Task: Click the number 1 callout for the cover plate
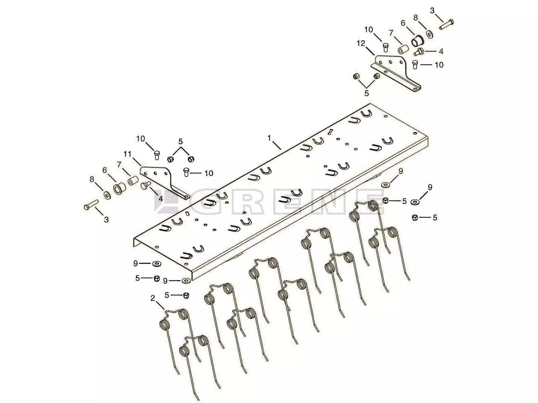tap(269, 138)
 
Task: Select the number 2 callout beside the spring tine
tap(153, 298)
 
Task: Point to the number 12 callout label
tap(361, 43)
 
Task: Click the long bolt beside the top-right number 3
tap(446, 24)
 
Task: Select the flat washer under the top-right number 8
tap(429, 34)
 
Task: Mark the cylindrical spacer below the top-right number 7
tap(402, 49)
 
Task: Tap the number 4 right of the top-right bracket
tap(441, 51)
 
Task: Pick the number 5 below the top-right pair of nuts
tap(367, 93)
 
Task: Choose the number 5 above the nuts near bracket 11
tap(181, 141)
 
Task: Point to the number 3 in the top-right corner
tap(432, 10)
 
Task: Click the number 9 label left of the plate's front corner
tap(136, 263)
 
